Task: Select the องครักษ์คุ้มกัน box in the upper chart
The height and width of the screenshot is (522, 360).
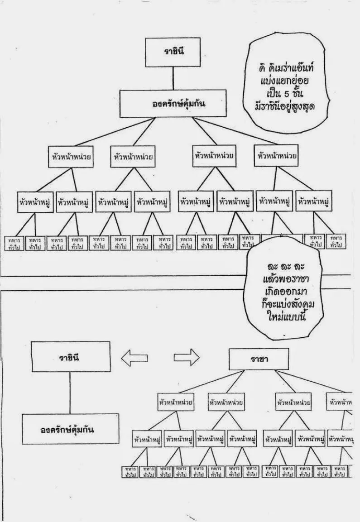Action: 173,103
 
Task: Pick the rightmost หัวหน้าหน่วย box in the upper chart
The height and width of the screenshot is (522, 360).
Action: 277,155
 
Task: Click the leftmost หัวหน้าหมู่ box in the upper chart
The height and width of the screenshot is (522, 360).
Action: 35,201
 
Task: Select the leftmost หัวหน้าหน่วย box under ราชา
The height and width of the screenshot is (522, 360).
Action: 176,402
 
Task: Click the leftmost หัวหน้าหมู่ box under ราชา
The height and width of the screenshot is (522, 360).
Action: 147,439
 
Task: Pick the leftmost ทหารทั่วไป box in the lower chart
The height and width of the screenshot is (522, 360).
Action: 130,471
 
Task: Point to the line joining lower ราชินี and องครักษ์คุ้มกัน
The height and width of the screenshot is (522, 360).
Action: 70,392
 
